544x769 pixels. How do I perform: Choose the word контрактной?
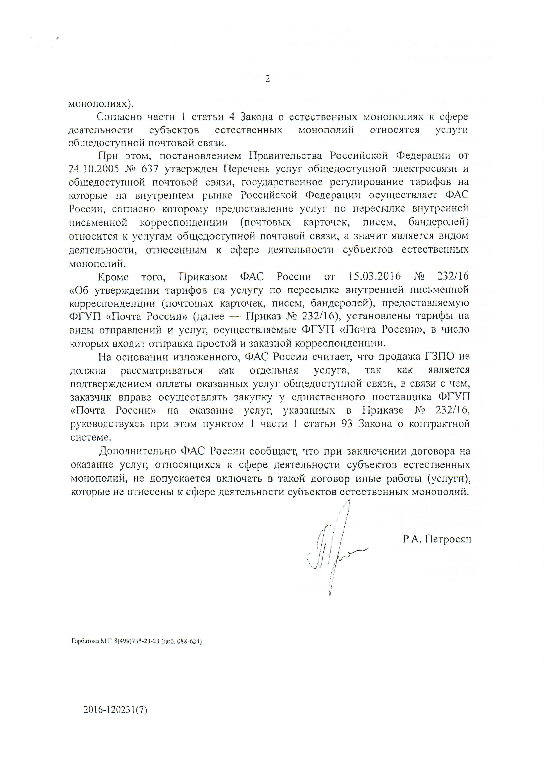[x=444, y=424]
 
